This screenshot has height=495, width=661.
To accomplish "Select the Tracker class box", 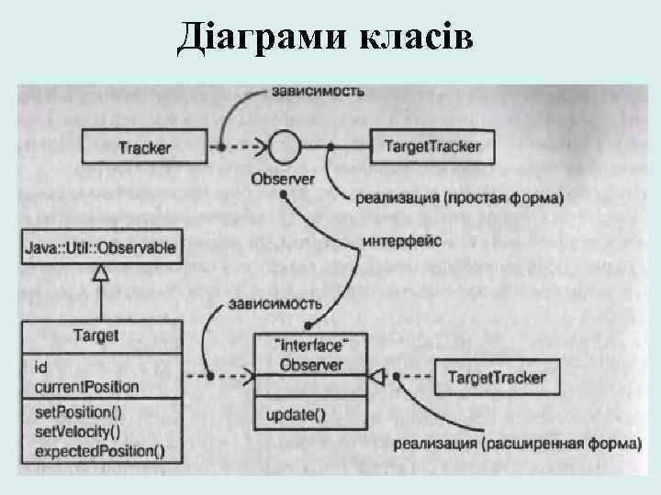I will click(144, 146).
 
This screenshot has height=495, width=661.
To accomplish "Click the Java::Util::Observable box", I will click(101, 247).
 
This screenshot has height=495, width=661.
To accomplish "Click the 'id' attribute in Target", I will click(41, 368).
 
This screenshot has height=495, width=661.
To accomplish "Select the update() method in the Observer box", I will click(296, 413).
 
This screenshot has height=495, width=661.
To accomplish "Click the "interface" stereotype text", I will click(311, 345).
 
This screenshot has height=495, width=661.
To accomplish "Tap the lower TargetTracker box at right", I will click(496, 377).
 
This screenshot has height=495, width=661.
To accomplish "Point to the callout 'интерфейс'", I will click(403, 240).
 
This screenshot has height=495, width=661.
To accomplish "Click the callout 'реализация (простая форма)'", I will click(458, 198).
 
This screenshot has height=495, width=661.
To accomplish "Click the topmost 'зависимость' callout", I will click(318, 91).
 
